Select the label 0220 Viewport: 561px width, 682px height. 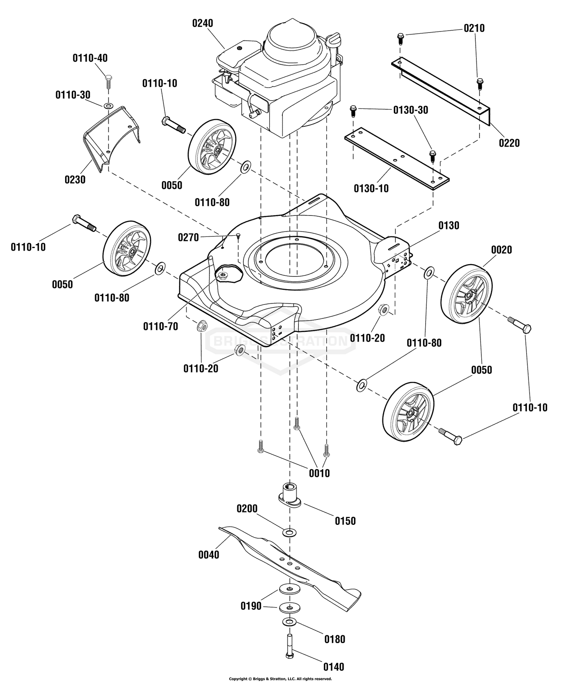(509, 143)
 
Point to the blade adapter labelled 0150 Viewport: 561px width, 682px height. (289, 496)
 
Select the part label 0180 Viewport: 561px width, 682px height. (335, 639)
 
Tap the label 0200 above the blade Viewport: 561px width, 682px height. (247, 509)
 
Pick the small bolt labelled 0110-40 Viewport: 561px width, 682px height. (108, 81)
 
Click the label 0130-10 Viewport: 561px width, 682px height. (371, 189)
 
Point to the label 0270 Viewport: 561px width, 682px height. (188, 237)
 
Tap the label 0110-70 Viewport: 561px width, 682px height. (160, 327)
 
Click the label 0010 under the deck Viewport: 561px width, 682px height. (319, 473)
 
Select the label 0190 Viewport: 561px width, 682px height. (251, 606)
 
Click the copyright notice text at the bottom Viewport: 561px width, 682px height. (280, 679)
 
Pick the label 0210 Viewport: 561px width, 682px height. (474, 28)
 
